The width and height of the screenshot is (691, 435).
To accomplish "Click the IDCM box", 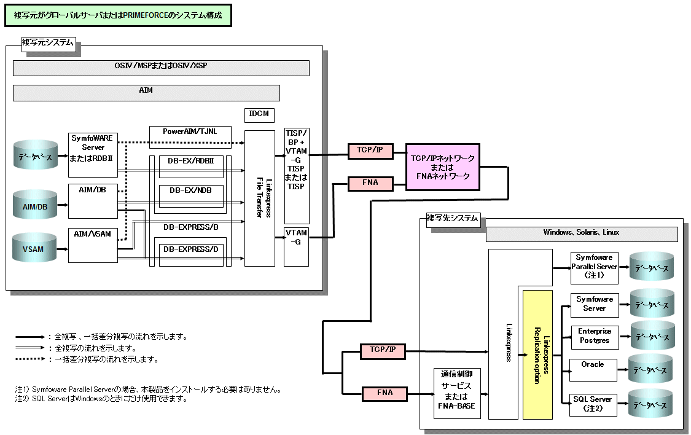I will [x=259, y=115].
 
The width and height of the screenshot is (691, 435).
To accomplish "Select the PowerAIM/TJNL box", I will [x=190, y=133].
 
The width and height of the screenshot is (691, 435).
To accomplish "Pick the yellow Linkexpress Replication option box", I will [x=537, y=355].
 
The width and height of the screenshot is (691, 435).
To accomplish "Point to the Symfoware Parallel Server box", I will [x=594, y=267].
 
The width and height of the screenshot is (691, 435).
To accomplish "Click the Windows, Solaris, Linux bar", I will [x=581, y=233].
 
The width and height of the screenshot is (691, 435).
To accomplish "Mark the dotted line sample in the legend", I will [x=31, y=359].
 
